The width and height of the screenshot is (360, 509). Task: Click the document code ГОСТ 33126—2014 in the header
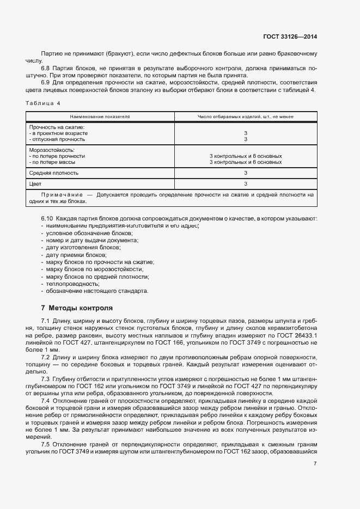click(290, 36)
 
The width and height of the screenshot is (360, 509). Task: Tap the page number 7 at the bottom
click(315, 463)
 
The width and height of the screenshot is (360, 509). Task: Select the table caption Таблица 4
click(44, 103)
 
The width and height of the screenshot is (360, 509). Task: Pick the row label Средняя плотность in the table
click(53, 173)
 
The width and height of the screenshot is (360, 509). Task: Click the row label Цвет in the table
click(35, 184)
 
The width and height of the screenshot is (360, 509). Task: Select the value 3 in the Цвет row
click(246, 184)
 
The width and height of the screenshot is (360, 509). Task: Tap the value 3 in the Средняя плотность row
click(246, 173)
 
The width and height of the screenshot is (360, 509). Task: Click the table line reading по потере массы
click(53, 162)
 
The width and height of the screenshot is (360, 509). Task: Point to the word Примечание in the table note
click(62, 194)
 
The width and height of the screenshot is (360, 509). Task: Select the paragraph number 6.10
click(47, 218)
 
